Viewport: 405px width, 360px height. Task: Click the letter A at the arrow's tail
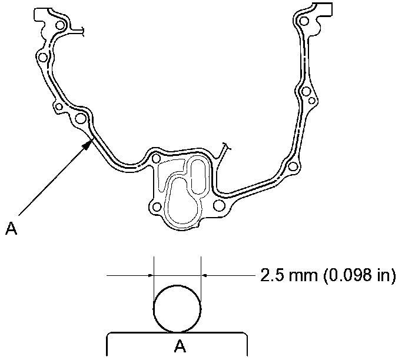[11, 228]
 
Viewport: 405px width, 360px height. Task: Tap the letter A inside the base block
[180, 345]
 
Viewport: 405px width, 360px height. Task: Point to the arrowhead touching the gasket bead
[88, 144]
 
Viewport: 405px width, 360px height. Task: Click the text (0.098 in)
[359, 275]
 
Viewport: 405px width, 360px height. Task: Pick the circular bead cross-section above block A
[177, 309]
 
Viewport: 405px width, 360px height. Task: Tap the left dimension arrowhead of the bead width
[151, 276]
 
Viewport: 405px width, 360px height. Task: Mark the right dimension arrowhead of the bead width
[204, 276]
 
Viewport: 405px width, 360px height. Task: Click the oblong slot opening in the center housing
[198, 176]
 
